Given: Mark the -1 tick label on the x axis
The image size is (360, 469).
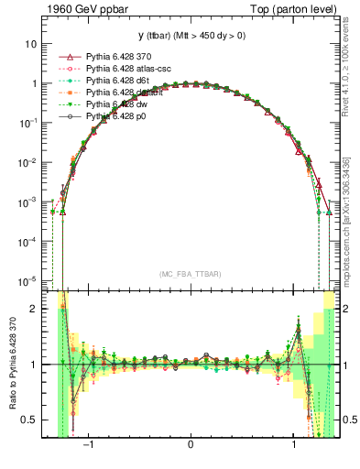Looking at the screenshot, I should (x=90, y=446).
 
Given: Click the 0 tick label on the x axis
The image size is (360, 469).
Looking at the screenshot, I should (x=190, y=446).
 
